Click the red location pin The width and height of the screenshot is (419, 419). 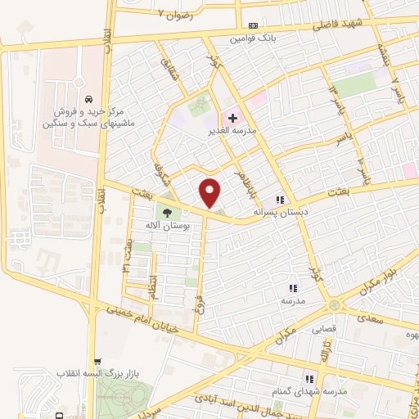coord(211,193)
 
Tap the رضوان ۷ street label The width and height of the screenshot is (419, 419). coord(178,16)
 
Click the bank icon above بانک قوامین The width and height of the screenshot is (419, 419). coord(251,25)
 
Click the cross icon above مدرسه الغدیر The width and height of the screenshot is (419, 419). coord(232,119)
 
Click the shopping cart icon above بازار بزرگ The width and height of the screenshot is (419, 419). coord(98,361)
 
